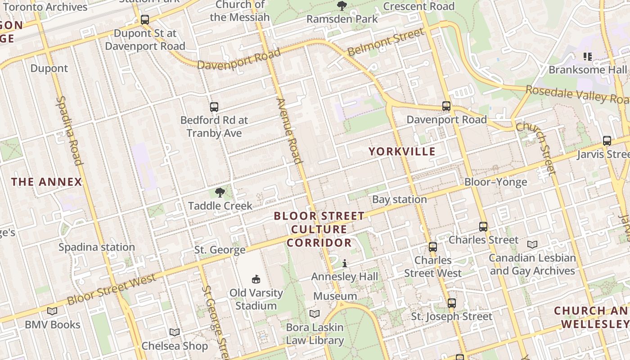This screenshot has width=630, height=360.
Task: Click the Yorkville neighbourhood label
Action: tap(402, 151)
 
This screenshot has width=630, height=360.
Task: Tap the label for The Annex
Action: tap(47, 182)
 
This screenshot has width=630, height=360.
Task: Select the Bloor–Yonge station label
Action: tap(495, 182)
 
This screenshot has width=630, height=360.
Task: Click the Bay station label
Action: tap(400, 199)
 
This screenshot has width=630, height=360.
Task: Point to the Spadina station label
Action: tap(97, 247)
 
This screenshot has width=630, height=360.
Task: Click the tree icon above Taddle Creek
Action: tap(220, 193)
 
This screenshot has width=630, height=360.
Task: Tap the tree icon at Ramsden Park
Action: tap(342, 6)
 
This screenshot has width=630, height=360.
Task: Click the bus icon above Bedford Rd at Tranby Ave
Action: tap(214, 107)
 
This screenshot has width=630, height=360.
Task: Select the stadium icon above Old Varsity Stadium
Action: tap(256, 279)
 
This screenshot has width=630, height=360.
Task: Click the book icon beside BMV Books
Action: tap(52, 311)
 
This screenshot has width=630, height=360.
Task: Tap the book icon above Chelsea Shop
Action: tap(175, 332)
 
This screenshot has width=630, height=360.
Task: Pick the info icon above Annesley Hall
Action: tap(345, 263)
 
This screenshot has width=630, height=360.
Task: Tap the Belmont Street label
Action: tap(386, 42)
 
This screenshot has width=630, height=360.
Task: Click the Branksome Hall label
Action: tap(587, 70)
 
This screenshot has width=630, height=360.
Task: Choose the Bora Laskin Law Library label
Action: tap(315, 334)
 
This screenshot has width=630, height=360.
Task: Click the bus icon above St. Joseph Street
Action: tap(452, 303)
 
